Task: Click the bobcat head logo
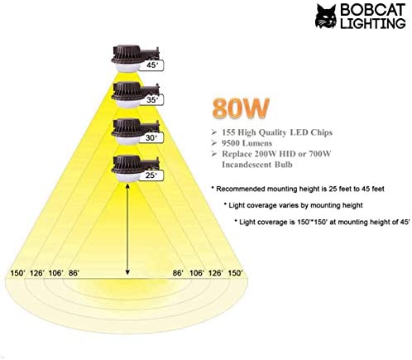(x=326, y=17)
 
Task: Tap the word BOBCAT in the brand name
(x=373, y=10)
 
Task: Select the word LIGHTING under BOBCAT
(x=373, y=23)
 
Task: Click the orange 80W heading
(x=241, y=108)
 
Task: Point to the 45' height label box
(x=151, y=65)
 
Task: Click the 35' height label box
(x=151, y=99)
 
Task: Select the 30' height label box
(x=151, y=137)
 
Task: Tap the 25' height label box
(x=151, y=175)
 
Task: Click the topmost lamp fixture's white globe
(x=127, y=67)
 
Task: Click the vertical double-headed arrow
(x=127, y=229)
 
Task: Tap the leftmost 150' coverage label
(x=18, y=273)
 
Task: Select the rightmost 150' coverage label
(x=235, y=273)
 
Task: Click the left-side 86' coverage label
(x=74, y=273)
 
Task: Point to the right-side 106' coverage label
(x=197, y=273)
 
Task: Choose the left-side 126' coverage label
(x=37, y=273)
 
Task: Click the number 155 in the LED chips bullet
(x=228, y=132)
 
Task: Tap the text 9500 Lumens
(x=247, y=143)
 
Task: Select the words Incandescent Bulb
(x=257, y=165)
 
